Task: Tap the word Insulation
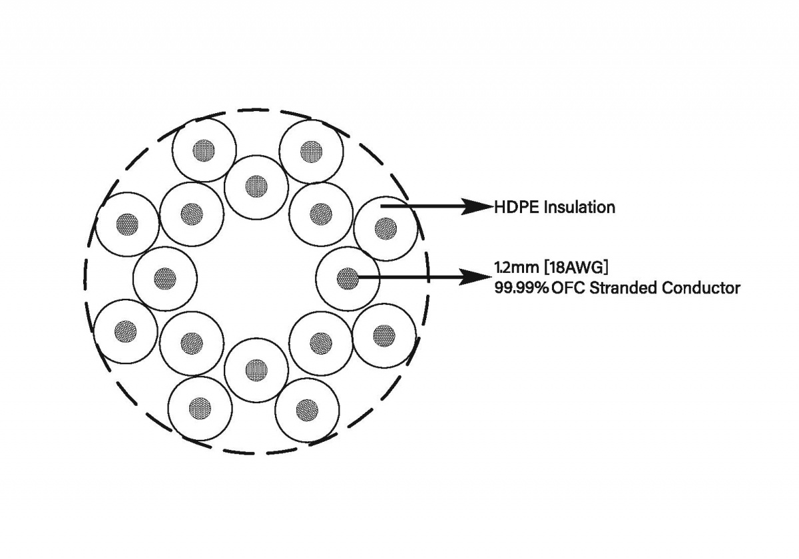coord(579,207)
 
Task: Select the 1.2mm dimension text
coord(515,268)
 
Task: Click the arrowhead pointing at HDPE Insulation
coord(481,206)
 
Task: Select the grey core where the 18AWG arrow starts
coord(346,278)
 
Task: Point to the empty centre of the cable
coord(256,278)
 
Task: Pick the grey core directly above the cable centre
coord(256,186)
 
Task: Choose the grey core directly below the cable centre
coord(256,369)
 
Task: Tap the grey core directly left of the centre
coord(164,278)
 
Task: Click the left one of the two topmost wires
coord(203,150)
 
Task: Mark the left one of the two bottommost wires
coord(199,408)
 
